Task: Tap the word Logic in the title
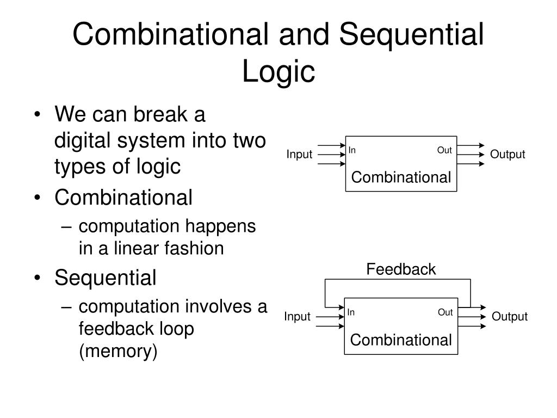point(278,71)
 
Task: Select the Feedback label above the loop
point(401,269)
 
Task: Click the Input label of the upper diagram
point(299,155)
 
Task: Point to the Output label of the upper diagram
point(508,155)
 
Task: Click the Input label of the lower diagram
point(297,317)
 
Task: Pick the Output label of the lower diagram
point(510,317)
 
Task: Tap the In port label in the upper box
point(352,150)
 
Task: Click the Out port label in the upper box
point(444,150)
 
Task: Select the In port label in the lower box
point(351,312)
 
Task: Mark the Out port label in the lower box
point(445,312)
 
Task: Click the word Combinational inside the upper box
point(401,177)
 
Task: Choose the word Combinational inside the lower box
point(401,340)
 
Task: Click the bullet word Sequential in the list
point(105,278)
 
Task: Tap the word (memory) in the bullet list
point(118,352)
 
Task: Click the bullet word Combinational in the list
point(123,198)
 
